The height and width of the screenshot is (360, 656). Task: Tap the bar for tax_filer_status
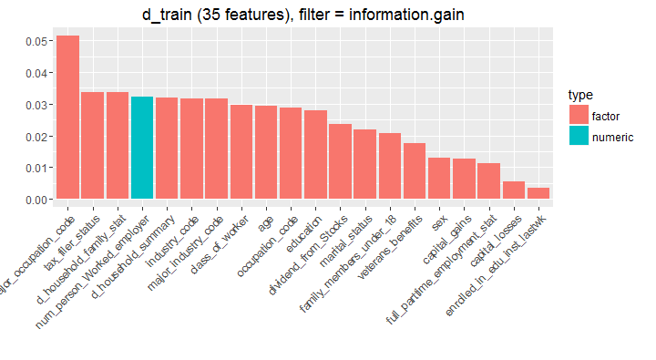(x=92, y=145)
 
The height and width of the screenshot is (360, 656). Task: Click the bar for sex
(x=439, y=178)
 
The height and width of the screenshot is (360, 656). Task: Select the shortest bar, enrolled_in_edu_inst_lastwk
(x=538, y=193)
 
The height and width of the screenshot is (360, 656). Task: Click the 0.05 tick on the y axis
(x=37, y=42)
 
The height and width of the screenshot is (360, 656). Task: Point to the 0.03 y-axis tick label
(x=37, y=105)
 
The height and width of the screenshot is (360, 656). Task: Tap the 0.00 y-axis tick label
(x=37, y=200)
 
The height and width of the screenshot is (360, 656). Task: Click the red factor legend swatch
(x=578, y=115)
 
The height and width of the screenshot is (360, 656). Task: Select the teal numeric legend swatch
(x=578, y=137)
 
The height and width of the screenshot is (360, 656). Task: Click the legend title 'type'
(x=579, y=95)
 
